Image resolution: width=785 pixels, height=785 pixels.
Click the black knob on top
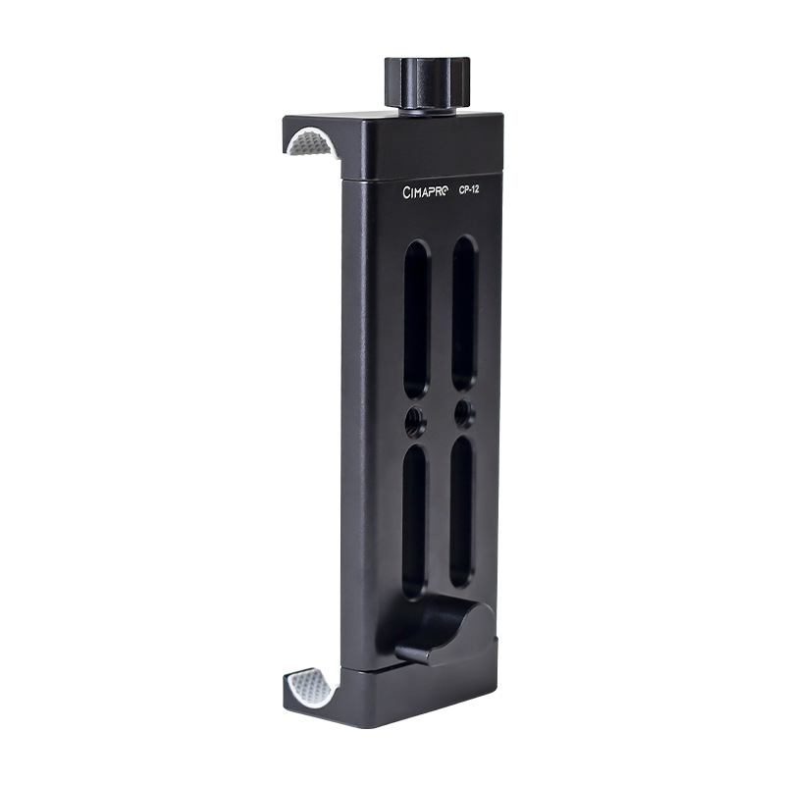(x=427, y=81)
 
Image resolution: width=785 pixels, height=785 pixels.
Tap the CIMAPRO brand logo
(x=426, y=191)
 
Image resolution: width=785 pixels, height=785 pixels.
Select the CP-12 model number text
(x=469, y=189)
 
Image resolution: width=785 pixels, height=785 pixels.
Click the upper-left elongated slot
(x=417, y=319)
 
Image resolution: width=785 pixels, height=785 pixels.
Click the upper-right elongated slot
(x=464, y=312)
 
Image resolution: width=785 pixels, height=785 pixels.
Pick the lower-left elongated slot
(x=415, y=522)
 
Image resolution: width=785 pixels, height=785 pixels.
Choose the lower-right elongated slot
(x=461, y=511)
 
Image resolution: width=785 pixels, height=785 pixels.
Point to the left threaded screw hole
(x=415, y=421)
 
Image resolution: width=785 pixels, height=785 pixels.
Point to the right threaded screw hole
(x=464, y=412)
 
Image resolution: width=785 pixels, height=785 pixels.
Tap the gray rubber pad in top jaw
(x=311, y=141)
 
